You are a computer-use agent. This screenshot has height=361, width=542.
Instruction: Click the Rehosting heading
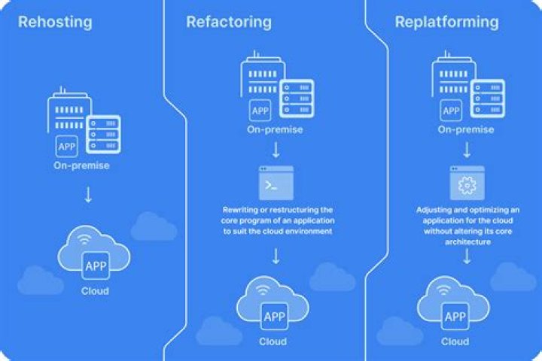coord(55,22)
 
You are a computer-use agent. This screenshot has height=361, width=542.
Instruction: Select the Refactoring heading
coord(229,22)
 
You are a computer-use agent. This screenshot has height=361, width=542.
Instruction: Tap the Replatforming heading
coord(446,22)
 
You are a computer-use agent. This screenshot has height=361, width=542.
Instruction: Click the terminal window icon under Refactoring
coord(276,183)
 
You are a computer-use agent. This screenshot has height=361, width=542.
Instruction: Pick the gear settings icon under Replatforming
coord(466,183)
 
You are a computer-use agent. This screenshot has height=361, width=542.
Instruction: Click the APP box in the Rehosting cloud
coord(96,266)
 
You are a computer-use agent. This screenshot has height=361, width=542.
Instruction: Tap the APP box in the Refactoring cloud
coord(274,317)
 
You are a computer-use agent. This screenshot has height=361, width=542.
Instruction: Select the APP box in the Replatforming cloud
coord(455,317)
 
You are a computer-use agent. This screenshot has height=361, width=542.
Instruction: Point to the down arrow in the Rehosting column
coord(89,196)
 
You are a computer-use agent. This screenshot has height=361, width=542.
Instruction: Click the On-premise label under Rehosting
coord(82,165)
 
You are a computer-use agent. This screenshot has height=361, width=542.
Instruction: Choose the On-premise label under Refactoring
coord(275,129)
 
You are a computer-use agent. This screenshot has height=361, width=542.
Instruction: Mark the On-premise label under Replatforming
coord(466,129)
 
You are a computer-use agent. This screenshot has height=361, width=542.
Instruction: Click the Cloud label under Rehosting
coord(95,290)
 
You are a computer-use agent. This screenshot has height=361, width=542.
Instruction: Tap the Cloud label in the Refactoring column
coord(273,341)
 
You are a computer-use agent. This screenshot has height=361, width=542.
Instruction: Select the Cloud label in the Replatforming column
coord(455,341)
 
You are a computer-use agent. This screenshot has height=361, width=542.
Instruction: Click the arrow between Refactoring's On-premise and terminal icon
coord(276,150)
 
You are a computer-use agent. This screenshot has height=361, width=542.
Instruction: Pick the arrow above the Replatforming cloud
coord(466,257)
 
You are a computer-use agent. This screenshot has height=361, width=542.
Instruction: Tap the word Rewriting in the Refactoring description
coord(239,209)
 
